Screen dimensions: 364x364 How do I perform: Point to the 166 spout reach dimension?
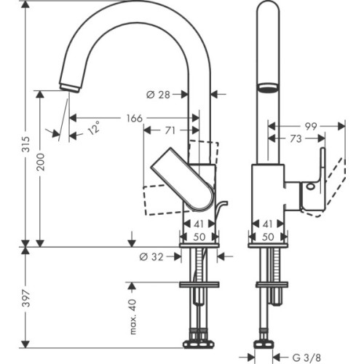tap(132, 117)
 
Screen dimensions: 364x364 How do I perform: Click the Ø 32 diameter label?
tap(151, 256)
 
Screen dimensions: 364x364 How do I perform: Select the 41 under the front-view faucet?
tap(197, 225)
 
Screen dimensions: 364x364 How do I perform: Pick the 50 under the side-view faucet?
tap(267, 237)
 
